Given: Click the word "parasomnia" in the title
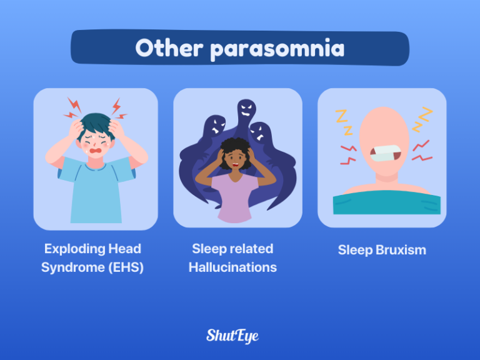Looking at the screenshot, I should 277,49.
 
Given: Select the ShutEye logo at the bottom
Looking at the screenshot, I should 232,336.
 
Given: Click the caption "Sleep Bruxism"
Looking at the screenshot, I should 382,250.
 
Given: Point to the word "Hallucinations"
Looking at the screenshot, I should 232,267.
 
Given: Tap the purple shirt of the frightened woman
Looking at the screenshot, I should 232,197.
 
